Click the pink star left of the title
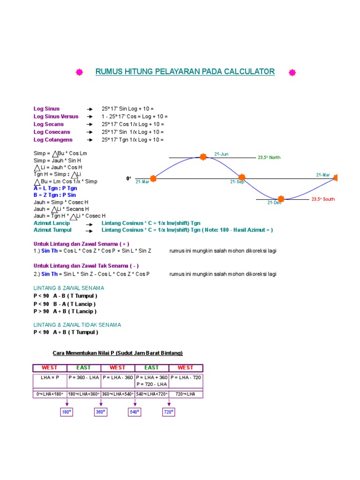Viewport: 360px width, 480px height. click(79, 72)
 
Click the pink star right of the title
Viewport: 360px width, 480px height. click(292, 72)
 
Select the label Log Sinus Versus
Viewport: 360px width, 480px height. click(56, 116)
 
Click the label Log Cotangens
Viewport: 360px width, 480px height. click(53, 140)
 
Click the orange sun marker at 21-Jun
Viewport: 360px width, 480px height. click(203, 157)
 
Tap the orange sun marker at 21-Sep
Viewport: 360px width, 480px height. click(241, 177)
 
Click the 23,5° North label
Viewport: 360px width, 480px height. click(269, 157)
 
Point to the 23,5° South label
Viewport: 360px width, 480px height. click(323, 199)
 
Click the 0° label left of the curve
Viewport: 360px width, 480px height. click(129, 179)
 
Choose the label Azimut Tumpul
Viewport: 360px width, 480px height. click(52, 230)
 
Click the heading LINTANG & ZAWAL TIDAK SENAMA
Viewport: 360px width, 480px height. click(77, 324)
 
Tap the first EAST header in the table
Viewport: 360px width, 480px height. click(83, 367)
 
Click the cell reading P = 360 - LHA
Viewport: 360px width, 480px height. click(84, 377)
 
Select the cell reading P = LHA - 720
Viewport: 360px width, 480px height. click(186, 377)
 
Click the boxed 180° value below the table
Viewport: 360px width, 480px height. click(67, 412)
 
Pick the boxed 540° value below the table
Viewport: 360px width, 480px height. click(135, 412)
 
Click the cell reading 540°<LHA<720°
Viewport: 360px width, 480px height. click(151, 394)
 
